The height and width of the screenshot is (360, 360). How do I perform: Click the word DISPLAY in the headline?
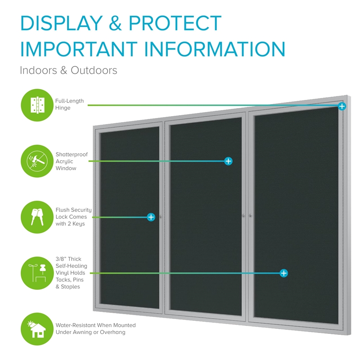62,23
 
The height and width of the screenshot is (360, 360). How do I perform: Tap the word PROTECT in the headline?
175,23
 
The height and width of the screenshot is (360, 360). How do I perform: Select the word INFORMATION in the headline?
215,49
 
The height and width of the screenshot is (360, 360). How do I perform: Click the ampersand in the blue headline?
115,23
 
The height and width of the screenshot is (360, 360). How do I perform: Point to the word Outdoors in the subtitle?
94,70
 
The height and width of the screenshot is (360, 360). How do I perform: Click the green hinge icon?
37,105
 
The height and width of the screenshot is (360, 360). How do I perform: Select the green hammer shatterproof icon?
37,161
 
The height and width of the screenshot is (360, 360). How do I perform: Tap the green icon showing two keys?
37,217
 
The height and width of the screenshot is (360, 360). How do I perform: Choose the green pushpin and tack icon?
37,273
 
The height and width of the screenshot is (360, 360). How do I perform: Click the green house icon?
37,329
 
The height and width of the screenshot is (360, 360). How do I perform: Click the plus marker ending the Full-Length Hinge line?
342,106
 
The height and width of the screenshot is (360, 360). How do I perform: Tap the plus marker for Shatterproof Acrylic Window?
228,161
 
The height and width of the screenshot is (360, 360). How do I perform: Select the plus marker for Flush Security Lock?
151,217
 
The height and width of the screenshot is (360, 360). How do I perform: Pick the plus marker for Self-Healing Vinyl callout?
284,273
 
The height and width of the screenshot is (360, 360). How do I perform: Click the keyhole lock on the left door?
161,216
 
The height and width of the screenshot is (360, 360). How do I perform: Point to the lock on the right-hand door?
251,216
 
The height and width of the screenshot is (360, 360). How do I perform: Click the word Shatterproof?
72,154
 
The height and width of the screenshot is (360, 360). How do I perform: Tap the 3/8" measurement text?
61,259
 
